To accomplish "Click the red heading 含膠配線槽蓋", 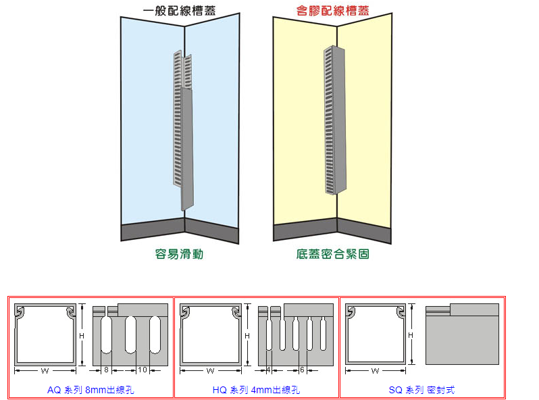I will [333, 11].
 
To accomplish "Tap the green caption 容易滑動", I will [179, 254].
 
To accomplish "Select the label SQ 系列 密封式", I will [421, 390].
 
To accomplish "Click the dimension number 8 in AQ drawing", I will [106, 370].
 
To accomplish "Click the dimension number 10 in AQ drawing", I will [142, 370].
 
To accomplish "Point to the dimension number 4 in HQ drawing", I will [268, 370].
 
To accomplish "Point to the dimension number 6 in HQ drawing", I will [302, 370].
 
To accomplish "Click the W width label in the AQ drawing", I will [45, 370].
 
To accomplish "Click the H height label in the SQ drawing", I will [411, 335].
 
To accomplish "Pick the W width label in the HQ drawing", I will [210, 370].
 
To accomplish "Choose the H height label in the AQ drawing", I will [82, 335].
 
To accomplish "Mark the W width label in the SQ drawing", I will [375, 370].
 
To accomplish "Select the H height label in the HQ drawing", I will [247, 335].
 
